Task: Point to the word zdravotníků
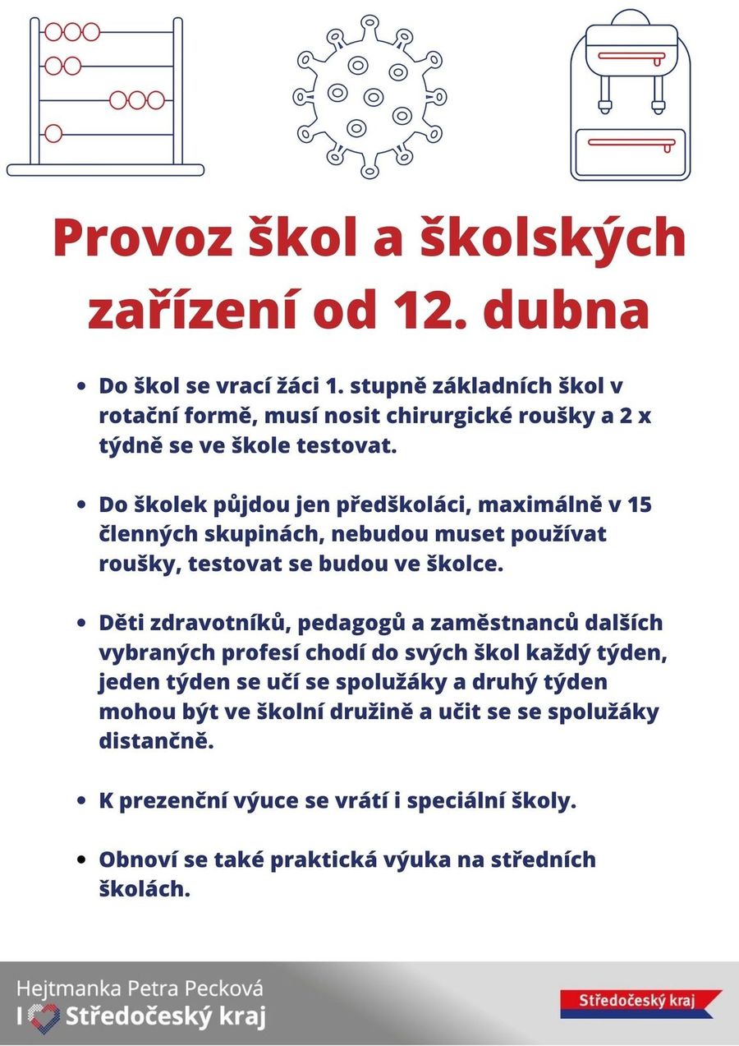coord(219,623)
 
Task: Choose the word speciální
coord(462,800)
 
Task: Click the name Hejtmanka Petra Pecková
coord(140,988)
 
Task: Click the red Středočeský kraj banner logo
coord(640,1002)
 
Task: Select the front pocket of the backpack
coord(631,153)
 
